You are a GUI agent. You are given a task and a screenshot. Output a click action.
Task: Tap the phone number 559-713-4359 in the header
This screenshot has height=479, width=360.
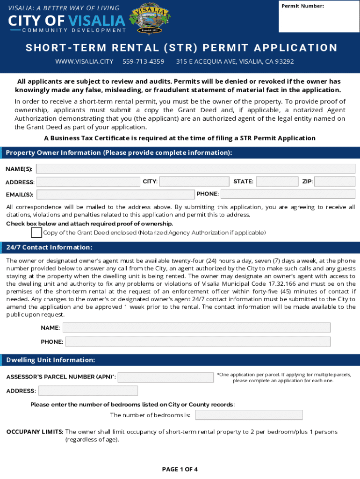click(x=143, y=61)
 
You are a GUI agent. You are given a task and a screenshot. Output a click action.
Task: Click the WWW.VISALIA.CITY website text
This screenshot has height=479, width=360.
click(x=84, y=61)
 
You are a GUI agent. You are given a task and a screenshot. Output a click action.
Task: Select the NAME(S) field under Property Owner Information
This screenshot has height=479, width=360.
click(x=195, y=169)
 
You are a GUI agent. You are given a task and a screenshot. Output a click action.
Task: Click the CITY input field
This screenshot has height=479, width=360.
click(x=194, y=181)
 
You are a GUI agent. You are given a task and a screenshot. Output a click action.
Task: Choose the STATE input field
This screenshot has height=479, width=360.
click(x=277, y=181)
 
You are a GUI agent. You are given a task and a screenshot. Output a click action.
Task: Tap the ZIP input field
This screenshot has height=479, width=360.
click(x=334, y=181)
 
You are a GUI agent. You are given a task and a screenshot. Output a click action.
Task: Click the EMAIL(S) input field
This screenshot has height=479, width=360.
click(x=115, y=194)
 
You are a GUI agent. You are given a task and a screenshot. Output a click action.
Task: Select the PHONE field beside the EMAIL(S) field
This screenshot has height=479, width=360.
click(x=288, y=194)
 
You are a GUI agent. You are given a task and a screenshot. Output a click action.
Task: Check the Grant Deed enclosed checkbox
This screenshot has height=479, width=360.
click(x=36, y=232)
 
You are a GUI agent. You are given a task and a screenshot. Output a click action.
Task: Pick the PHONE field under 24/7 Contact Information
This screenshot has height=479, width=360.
click(x=198, y=341)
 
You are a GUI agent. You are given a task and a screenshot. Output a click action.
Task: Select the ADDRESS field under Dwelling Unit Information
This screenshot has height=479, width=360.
click(x=88, y=391)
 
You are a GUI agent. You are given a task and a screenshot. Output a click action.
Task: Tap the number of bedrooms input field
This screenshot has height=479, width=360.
click(x=249, y=415)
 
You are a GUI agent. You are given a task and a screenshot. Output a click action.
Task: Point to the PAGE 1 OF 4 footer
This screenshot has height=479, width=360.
click(x=180, y=469)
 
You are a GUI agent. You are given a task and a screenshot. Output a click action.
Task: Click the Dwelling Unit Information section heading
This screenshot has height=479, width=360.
click(x=50, y=360)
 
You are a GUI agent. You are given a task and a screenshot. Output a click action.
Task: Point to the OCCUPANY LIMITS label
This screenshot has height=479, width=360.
click(x=35, y=432)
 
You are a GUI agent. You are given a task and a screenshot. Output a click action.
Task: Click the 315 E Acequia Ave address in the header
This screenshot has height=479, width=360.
click(x=235, y=61)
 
